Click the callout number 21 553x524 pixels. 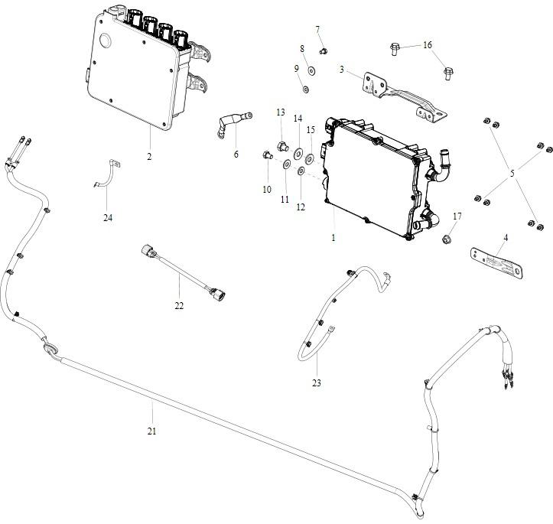151,431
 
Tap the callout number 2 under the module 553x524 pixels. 149,156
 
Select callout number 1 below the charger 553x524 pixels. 333,238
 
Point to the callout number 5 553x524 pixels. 512,174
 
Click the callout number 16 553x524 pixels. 428,45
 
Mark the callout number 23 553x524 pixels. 316,382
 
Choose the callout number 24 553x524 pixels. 108,217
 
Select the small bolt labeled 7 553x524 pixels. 323,50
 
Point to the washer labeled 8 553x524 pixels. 311,70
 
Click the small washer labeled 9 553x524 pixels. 305,90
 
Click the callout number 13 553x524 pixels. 281,112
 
